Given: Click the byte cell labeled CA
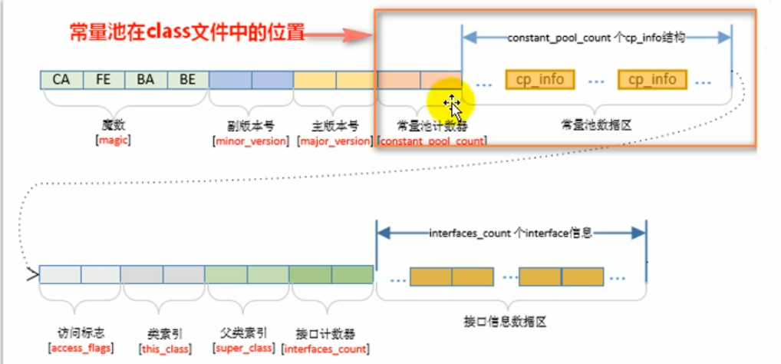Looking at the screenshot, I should coord(61,79).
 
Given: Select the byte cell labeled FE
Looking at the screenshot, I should coord(104,79).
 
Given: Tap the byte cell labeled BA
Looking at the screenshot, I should coord(146,79).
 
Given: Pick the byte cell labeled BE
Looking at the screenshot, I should coord(188,79).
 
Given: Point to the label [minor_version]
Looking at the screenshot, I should coord(250,141).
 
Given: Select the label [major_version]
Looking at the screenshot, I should coord(335,141).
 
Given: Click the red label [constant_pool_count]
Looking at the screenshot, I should coord(433,141).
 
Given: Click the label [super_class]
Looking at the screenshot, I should coord(246,348).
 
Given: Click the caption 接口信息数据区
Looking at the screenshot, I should coord(513,321).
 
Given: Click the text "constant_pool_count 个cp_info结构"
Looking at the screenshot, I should coord(596,37).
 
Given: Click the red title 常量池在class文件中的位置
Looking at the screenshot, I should coord(187,33).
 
